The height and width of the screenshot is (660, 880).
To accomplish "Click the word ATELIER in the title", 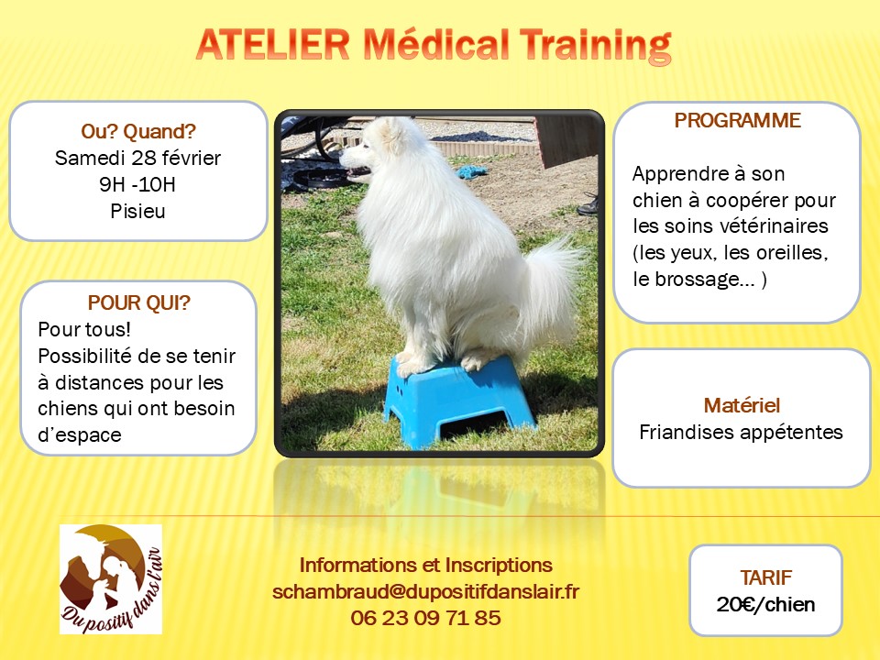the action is [273, 44].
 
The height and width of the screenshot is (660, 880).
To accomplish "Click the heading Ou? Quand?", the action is [138, 131].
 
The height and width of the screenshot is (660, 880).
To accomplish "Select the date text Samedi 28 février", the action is [137, 159].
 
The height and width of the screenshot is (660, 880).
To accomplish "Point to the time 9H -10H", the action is [137, 184].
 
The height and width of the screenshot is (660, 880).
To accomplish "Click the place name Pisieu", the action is [137, 211].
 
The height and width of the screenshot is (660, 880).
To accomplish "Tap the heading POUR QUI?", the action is [139, 303].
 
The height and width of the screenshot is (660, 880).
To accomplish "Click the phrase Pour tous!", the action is [84, 329].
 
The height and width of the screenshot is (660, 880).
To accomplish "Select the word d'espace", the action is [80, 434].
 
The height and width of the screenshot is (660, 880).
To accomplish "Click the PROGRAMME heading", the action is [737, 121].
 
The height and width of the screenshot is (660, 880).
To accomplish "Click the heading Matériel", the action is [742, 405].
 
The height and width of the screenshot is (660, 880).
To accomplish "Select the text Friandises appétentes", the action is [741, 432].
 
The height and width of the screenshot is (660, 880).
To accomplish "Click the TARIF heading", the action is [766, 577].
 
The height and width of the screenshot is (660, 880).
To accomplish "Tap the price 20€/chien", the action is [766, 604].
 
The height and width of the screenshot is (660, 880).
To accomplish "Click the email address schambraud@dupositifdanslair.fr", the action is [425, 591].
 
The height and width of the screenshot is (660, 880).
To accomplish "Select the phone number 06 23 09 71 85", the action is [425, 618].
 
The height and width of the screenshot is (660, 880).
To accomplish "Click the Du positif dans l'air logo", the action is [111, 579].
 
